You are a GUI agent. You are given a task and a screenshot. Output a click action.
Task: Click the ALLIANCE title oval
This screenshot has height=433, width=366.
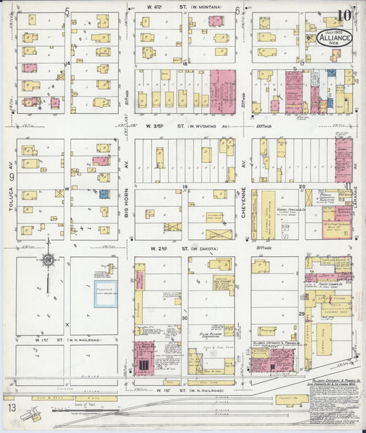(334, 39)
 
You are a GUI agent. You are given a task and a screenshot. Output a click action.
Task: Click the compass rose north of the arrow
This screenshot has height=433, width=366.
(47, 260)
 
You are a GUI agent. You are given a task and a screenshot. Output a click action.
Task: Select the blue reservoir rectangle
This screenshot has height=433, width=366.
(105, 293)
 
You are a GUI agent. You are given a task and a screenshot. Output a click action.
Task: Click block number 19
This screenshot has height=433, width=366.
(185, 187)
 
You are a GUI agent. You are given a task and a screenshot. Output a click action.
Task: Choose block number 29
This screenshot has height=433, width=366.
(301, 313)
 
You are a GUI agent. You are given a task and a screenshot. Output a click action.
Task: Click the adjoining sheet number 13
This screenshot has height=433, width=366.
(11, 408)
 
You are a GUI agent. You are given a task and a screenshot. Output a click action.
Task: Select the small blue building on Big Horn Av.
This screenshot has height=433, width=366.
(104, 194)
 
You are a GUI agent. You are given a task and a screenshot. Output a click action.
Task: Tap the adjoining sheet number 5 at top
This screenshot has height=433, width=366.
(67, 10)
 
